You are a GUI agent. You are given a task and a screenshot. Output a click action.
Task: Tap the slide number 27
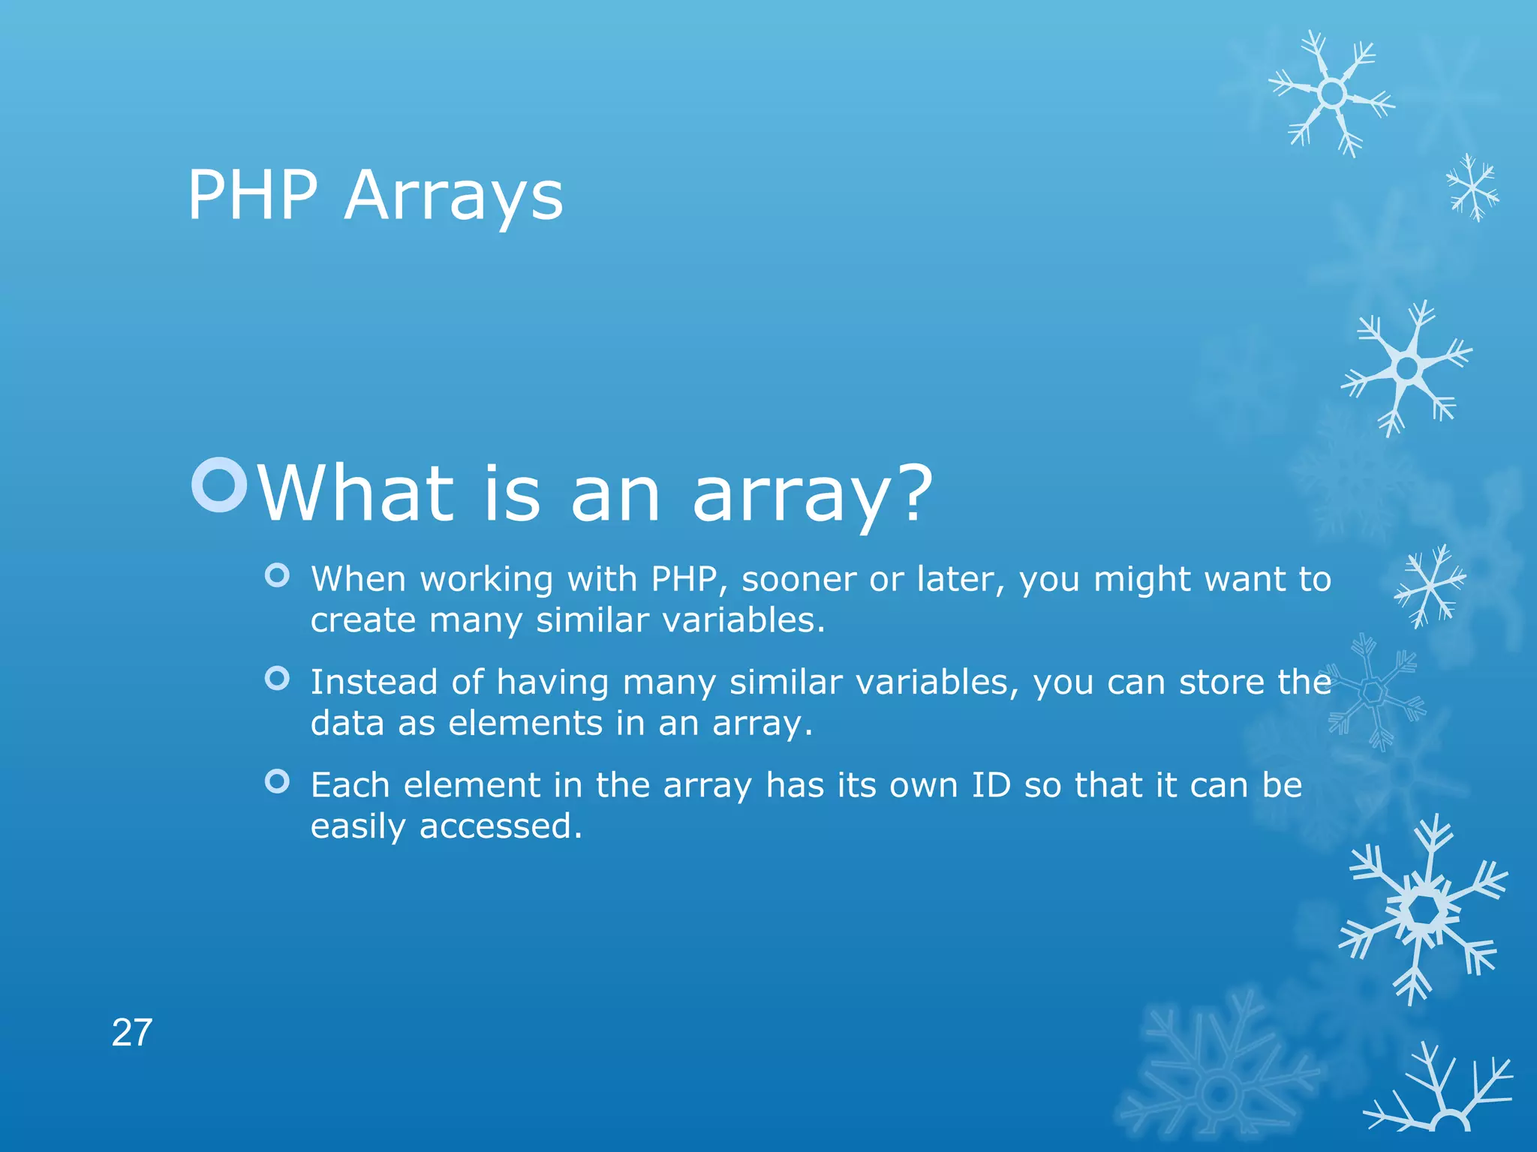pyautogui.click(x=132, y=1033)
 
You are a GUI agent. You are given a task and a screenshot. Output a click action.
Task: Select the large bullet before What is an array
pyautogui.click(x=219, y=484)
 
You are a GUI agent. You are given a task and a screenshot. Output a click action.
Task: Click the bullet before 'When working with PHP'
pyautogui.click(x=277, y=576)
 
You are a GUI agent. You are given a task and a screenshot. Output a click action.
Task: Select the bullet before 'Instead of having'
pyautogui.click(x=277, y=679)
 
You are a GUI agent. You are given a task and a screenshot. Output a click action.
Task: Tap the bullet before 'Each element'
pyautogui.click(x=277, y=781)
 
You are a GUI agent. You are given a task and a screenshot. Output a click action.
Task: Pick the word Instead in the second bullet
pyautogui.click(x=374, y=682)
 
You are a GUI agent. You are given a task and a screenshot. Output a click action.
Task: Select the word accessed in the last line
pyautogui.click(x=500, y=826)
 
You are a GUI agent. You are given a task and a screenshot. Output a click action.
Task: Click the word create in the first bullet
pyautogui.click(x=363, y=620)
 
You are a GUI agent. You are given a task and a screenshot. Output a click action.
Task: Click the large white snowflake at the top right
pyautogui.click(x=1332, y=94)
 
